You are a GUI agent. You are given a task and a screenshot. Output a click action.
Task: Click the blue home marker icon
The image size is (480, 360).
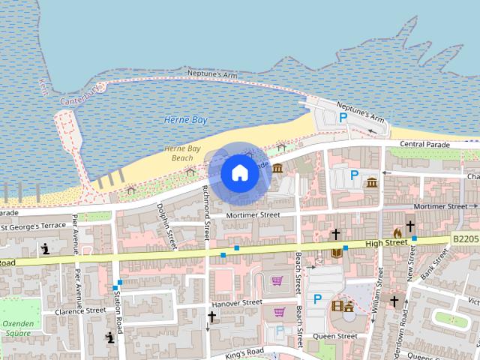pos(239,172)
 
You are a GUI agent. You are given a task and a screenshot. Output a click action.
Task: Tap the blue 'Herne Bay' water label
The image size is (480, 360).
pos(185,120)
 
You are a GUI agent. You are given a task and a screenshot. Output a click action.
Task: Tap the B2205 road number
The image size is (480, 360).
pos(465,239)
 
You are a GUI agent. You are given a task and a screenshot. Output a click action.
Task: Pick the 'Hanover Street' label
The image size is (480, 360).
pos(236,303)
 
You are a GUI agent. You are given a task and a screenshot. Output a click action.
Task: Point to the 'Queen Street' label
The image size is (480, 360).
pos(335,336)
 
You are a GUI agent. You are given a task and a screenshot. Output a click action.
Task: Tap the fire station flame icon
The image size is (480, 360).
pos(397,233)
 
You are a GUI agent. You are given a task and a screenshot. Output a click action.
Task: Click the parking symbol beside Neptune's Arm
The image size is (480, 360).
pos(343,117)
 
